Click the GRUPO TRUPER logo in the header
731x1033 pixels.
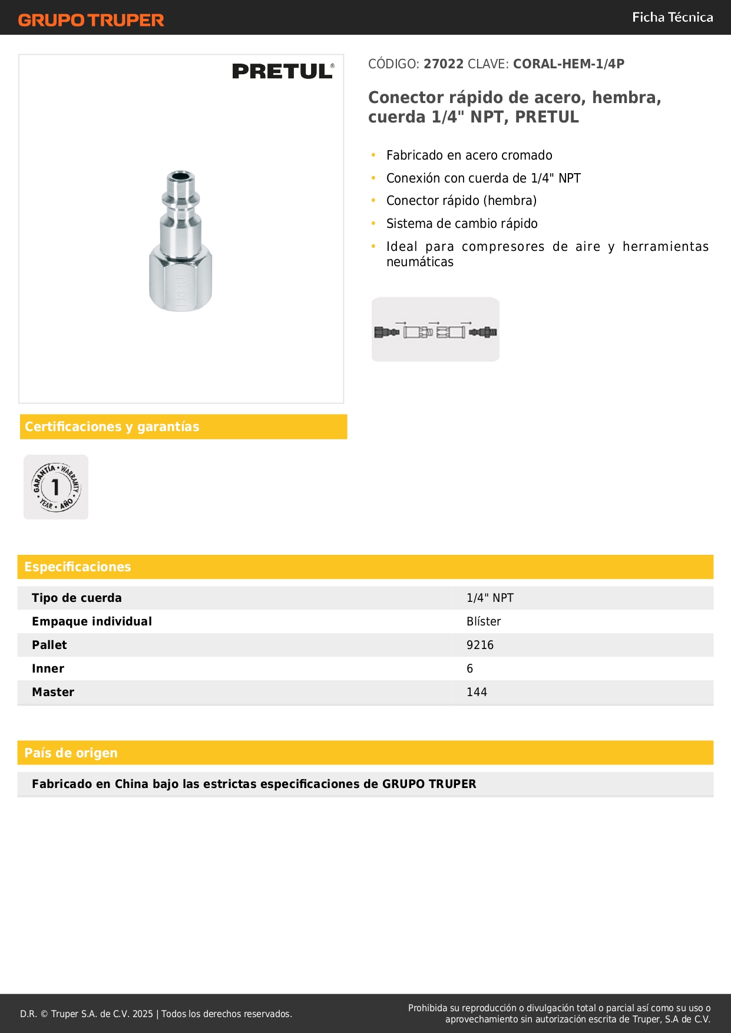coord(91,20)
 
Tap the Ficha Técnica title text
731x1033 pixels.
coord(672,18)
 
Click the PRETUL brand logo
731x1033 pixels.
coord(283,71)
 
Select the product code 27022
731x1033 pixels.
coord(444,64)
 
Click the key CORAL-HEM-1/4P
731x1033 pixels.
coord(568,64)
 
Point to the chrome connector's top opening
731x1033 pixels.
coord(180,176)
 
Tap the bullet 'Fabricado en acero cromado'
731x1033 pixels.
coord(469,155)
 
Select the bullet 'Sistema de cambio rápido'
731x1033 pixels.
coord(462,224)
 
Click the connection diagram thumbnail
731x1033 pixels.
coord(435,330)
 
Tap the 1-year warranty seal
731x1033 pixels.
coord(56,487)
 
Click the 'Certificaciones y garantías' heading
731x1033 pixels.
coord(112,427)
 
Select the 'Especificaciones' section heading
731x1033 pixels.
coord(78,567)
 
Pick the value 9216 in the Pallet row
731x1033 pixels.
coord(480,645)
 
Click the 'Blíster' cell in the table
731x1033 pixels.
coord(484,621)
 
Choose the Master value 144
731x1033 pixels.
coord(477,692)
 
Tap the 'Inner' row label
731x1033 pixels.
coord(48,668)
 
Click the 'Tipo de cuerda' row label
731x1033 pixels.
coord(77,598)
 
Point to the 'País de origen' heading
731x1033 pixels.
coord(71,753)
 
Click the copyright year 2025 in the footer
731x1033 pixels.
coord(143,1014)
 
